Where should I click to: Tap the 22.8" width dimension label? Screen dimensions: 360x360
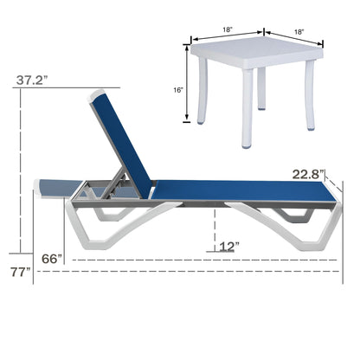tap(308, 174)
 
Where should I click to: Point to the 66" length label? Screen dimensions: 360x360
tap(54, 259)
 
